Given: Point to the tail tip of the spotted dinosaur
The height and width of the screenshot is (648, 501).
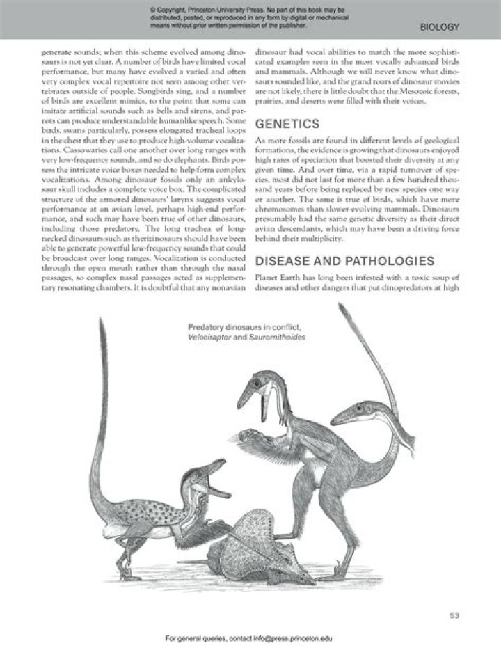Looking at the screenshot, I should tap(104, 326).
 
